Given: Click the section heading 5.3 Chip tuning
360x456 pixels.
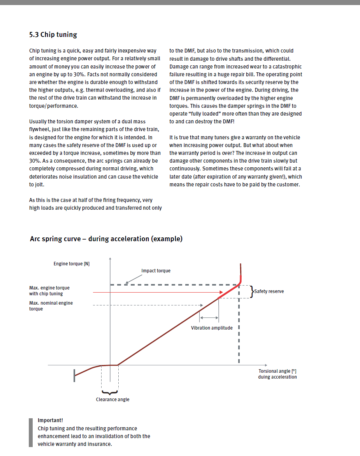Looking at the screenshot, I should click(53, 35).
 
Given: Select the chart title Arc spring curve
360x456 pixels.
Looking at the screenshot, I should click(106, 239).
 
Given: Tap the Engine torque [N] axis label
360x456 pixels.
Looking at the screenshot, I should click(72, 264).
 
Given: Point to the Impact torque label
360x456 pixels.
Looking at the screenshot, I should click(156, 271).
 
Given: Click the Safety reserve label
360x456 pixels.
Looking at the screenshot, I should click(269, 291).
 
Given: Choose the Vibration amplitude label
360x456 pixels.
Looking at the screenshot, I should click(212, 328).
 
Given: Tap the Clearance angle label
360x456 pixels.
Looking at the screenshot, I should click(112, 400).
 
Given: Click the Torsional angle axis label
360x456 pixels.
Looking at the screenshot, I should click(277, 374).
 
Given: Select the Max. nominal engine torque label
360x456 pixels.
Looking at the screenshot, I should click(51, 306).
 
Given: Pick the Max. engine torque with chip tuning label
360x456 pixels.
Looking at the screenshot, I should click(49, 291).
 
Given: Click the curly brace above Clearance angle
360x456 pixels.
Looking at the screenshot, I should click(110, 393).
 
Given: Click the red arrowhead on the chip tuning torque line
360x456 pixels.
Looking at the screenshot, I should click(221, 292).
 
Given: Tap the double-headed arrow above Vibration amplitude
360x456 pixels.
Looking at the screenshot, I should click(209, 318).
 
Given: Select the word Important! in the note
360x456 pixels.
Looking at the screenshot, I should click(50, 420).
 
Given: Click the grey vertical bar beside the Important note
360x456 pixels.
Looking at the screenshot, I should click(31, 432).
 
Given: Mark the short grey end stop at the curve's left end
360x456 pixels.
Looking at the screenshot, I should click(74, 376).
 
